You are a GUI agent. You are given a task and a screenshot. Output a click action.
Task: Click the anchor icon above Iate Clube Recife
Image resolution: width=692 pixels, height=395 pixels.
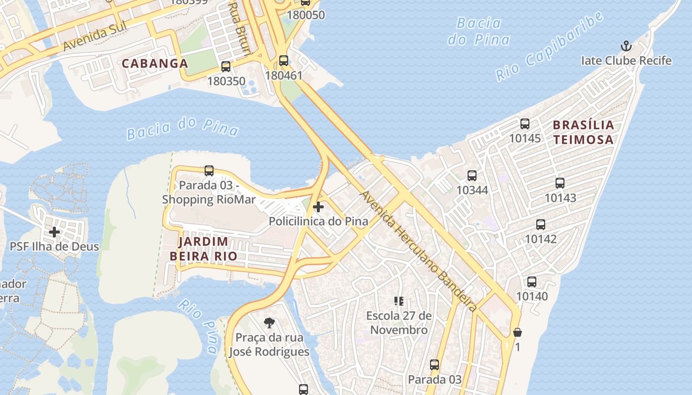pos(626,46)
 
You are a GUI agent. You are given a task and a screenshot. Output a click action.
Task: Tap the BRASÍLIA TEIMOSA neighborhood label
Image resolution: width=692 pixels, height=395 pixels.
pos(583,132)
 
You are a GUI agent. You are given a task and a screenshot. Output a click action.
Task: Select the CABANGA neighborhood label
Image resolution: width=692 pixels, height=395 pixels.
pos(155,63)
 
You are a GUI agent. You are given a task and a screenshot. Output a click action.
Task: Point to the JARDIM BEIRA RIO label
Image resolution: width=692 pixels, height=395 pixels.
pos(203,249)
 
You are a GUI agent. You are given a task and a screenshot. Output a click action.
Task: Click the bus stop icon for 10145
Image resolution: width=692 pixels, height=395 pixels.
pos(525,124)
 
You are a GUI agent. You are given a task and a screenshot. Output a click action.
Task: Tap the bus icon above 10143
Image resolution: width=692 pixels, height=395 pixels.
pos(560,183)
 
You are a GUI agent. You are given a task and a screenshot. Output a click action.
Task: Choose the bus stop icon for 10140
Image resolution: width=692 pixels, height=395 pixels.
pos(532,282)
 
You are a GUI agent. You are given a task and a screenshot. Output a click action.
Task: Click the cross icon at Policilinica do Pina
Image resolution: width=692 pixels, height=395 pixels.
pos(318,207)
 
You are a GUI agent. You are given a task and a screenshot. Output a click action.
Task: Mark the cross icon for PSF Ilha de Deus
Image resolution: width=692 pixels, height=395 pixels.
pos(54,232)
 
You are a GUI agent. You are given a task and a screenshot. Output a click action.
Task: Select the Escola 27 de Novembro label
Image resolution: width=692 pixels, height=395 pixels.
pos(399,323)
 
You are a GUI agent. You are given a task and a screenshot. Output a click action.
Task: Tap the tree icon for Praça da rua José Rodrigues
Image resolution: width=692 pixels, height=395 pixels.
pos(269,323)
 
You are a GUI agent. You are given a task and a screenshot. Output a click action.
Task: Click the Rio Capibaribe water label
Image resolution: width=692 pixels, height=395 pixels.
pos(549,46)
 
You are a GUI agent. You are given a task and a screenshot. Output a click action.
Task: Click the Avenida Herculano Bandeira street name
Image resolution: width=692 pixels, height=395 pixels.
pos(418,251)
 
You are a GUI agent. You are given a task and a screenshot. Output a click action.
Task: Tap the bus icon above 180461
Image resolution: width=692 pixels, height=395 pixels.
pos(283,61)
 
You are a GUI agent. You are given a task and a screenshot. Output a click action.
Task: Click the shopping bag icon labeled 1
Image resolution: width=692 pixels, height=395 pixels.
pos(518,332)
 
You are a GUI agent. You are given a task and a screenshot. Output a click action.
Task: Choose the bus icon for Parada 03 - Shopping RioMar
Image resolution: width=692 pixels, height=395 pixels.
pos(209,171)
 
